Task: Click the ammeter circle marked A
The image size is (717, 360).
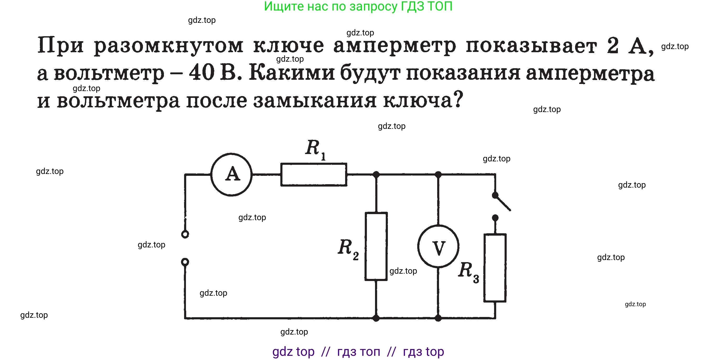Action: [x=231, y=174]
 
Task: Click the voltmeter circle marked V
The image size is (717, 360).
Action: [x=438, y=246]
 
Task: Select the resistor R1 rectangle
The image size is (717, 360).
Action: [x=314, y=174]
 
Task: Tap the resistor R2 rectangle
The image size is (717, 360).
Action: [x=376, y=246]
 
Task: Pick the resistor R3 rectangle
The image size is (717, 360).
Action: [x=495, y=268]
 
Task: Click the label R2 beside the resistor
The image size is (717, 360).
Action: [x=348, y=249]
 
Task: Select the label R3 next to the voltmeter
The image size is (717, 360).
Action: [x=468, y=272]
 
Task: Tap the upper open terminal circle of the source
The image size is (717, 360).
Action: [x=185, y=234]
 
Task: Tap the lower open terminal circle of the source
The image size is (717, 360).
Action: [x=185, y=262]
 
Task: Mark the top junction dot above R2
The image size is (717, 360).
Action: [x=376, y=174]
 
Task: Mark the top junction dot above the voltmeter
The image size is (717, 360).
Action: [x=438, y=174]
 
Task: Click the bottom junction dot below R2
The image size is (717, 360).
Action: [x=376, y=318]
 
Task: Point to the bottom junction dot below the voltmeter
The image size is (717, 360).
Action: [x=438, y=318]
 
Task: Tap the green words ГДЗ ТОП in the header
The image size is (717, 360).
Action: [x=426, y=6]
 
